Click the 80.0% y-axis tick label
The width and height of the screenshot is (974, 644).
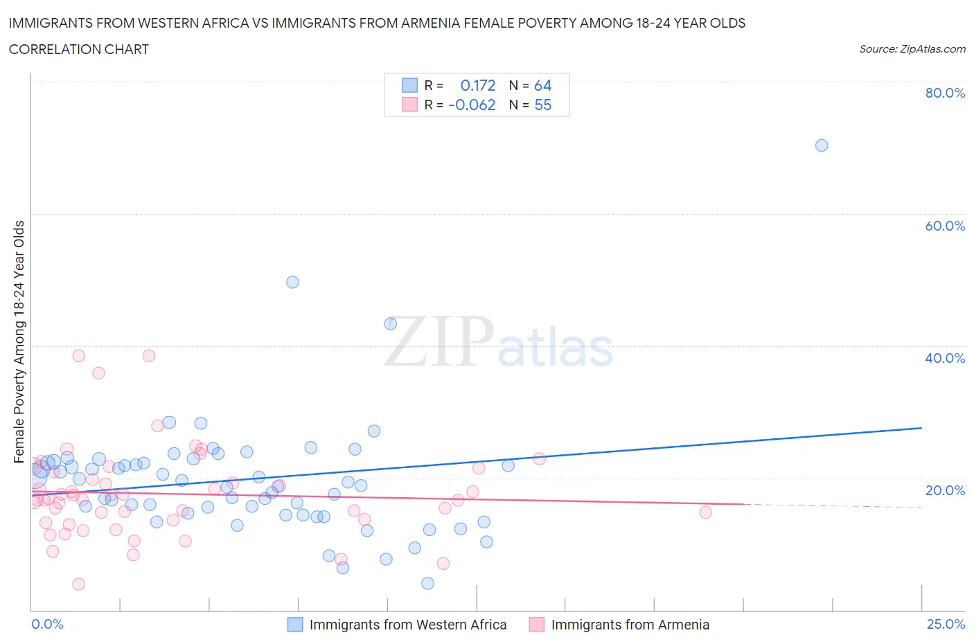tap(945, 93)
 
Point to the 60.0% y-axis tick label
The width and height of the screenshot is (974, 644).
tap(945, 226)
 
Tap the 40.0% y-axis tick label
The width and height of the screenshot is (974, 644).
tap(945, 358)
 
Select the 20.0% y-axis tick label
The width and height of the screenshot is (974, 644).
tap(945, 490)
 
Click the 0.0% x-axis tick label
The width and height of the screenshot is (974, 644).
tap(47, 624)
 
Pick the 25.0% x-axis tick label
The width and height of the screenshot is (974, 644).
tap(946, 624)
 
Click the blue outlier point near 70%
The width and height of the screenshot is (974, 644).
tap(822, 145)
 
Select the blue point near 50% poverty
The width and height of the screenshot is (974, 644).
tap(292, 282)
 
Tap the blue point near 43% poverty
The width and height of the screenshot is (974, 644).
tap(390, 323)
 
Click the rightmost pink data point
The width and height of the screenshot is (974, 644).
tap(705, 512)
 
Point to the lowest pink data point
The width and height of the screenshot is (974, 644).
tap(78, 584)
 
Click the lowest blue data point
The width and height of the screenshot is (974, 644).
tap(427, 584)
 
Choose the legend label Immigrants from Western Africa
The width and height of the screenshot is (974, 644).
tap(407, 625)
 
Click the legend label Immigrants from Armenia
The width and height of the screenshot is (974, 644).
tap(630, 625)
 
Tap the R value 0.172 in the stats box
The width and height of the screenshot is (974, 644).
tap(478, 85)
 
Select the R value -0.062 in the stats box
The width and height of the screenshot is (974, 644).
tap(472, 105)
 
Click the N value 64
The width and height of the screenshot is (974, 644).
tap(542, 85)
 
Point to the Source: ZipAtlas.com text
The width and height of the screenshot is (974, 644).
tap(912, 48)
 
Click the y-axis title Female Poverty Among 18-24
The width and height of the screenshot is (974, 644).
tap(19, 341)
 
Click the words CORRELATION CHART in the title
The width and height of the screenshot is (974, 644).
tap(79, 49)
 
